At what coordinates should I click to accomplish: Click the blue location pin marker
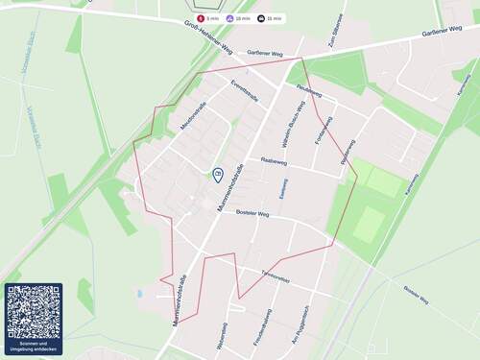click(x=218, y=175)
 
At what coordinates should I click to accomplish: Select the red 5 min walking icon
click(x=201, y=18)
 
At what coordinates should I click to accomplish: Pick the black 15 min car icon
click(x=262, y=18)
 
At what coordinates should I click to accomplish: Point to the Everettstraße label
click(x=244, y=91)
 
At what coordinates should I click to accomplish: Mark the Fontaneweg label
click(x=319, y=130)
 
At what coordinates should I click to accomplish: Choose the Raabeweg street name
click(x=274, y=162)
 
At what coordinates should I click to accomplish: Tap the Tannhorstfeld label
click(x=276, y=276)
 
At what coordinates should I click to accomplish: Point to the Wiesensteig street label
click(x=223, y=332)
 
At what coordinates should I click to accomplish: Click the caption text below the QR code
click(x=33, y=346)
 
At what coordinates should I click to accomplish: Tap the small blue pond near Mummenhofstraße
click(x=140, y=293)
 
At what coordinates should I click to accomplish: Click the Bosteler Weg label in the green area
click(x=419, y=292)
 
